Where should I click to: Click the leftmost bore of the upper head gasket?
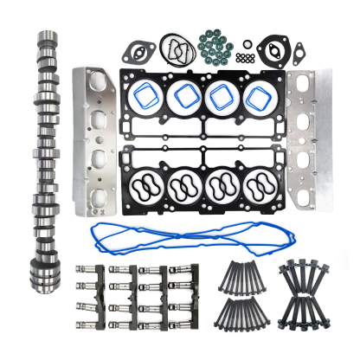(145, 96)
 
